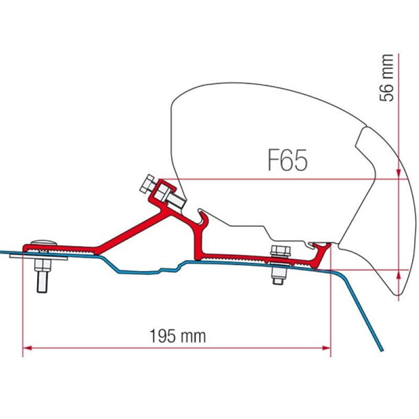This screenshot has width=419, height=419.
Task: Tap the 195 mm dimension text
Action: (177, 336)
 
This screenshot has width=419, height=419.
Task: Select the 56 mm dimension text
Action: (386, 78)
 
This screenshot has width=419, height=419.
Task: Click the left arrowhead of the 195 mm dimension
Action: (27, 348)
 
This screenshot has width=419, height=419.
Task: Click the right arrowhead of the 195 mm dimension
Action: (326, 348)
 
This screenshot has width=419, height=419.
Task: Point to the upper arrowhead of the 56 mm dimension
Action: (399, 174)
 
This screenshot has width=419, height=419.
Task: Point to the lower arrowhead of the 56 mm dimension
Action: (399, 274)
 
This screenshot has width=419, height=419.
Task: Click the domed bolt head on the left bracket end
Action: (44, 242)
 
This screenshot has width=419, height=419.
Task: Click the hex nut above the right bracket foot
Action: (280, 252)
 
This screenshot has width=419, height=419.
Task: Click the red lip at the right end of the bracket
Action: (321, 253)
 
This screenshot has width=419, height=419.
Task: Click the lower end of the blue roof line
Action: (381, 350)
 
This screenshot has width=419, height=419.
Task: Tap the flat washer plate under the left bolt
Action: (38, 257)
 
